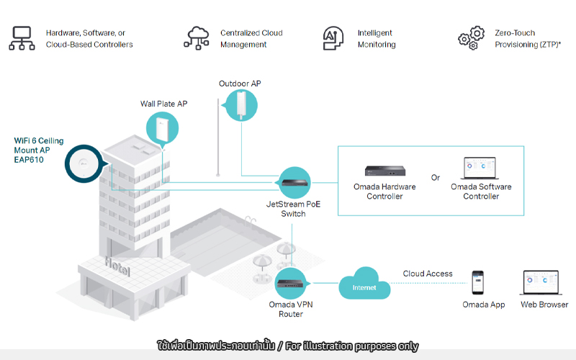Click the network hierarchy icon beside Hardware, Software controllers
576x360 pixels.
[22, 38]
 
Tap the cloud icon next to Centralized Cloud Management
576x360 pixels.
[197, 38]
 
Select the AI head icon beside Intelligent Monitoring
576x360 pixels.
[333, 38]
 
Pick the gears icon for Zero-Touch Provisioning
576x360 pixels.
[472, 38]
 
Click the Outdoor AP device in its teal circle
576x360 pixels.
[241, 105]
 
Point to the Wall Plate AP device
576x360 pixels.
[162, 129]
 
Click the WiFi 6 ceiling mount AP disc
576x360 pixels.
[84, 163]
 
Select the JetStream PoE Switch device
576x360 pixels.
[295, 182]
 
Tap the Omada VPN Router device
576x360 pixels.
[290, 283]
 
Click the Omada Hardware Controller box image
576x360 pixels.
[385, 171]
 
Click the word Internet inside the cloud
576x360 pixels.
[364, 287]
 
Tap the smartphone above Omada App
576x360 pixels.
[478, 282]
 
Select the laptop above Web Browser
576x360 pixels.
[541, 282]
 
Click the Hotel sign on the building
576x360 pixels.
[117, 266]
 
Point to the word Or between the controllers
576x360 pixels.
[436, 178]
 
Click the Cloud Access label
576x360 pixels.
[428, 274]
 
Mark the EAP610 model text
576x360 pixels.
[29, 160]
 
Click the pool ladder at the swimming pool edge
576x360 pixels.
[250, 222]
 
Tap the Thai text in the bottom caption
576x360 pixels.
[216, 346]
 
